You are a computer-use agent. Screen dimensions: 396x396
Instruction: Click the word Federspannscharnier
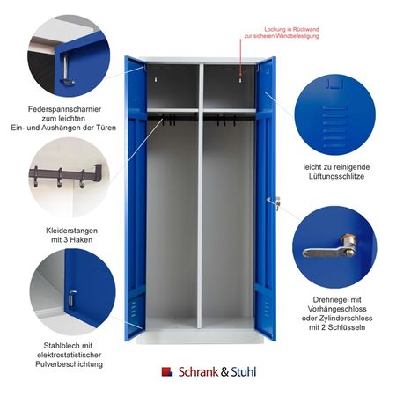click(64, 109)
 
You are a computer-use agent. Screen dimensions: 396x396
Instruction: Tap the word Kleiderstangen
click(71, 231)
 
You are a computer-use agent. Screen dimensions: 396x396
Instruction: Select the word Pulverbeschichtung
click(70, 364)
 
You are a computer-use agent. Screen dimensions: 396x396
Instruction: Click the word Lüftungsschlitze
click(336, 176)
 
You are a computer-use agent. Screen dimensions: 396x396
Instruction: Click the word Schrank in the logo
click(198, 372)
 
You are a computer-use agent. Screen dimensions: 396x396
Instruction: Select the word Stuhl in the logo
click(244, 372)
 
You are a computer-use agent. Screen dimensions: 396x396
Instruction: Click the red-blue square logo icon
click(167, 371)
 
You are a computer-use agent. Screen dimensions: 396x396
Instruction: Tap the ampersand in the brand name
click(224, 372)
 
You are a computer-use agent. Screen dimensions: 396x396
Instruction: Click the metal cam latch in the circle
click(330, 247)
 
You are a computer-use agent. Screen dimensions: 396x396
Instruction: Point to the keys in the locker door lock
click(277, 203)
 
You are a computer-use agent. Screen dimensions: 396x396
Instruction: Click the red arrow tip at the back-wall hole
click(240, 76)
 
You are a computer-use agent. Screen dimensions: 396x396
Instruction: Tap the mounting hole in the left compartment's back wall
click(156, 79)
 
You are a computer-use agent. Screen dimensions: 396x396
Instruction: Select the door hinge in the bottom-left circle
click(71, 299)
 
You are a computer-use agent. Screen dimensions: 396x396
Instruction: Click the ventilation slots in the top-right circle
click(334, 127)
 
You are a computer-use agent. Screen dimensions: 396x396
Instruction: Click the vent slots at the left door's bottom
click(134, 309)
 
